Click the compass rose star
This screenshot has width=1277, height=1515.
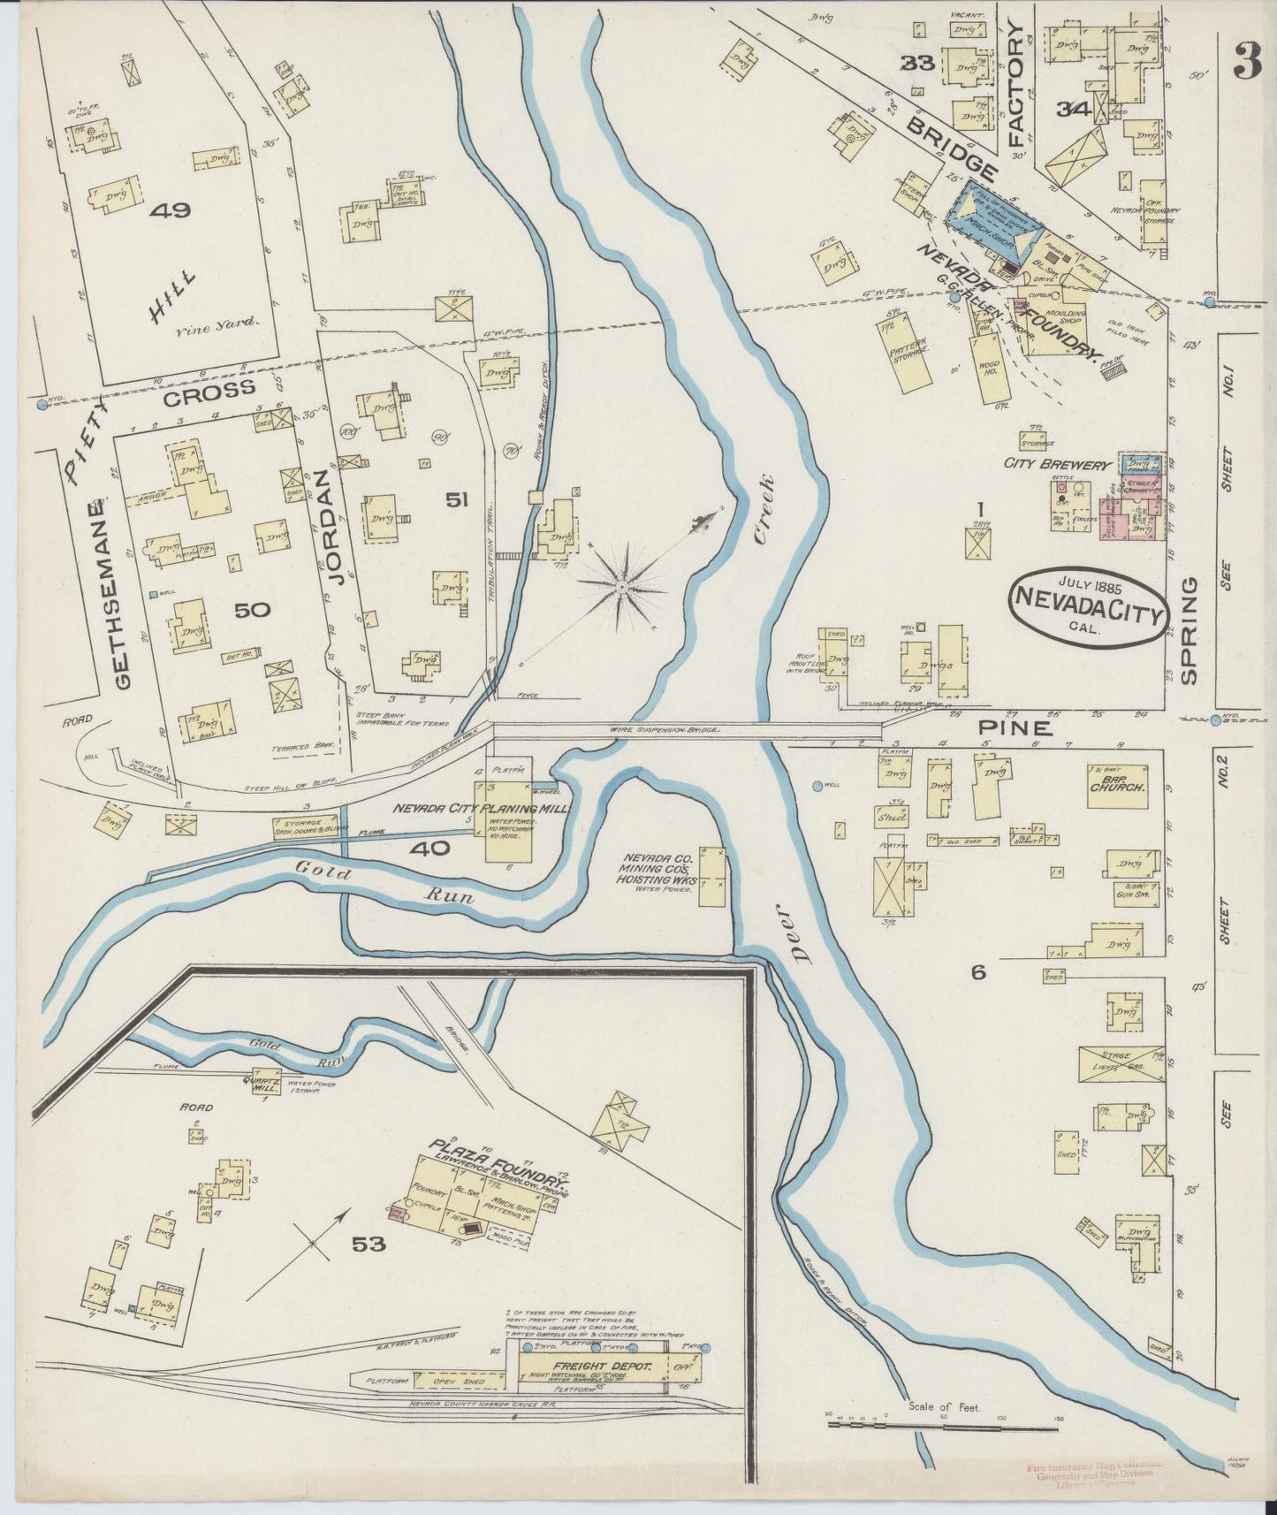coord(622,587)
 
